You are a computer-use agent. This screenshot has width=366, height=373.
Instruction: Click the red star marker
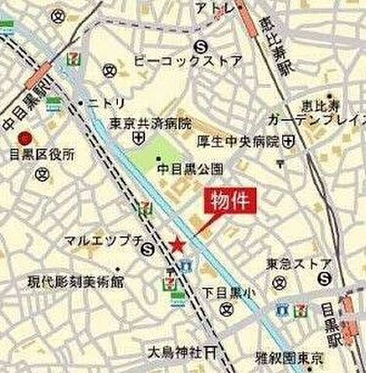(x=178, y=246)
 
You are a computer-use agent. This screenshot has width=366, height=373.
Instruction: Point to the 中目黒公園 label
(x=190, y=167)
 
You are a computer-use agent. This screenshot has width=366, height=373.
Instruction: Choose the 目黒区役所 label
(x=49, y=153)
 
